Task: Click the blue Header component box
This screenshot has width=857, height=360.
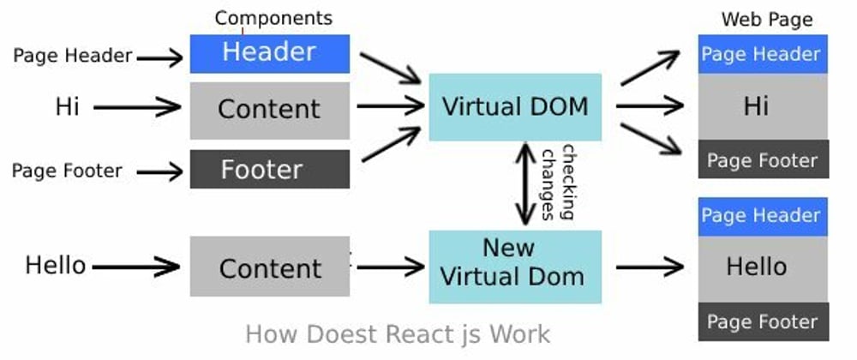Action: coord(270,53)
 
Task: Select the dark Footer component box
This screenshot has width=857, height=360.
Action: coord(270,169)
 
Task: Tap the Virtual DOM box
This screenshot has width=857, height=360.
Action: coord(515,107)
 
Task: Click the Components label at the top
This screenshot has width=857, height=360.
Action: coord(273,17)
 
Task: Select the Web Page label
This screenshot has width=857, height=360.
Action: coord(767,19)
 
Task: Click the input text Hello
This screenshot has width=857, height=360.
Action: coord(56,265)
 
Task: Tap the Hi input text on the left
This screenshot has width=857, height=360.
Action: coord(68,107)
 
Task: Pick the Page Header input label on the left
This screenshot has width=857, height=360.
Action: coord(73,57)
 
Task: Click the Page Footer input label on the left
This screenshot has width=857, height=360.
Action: coord(67,171)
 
